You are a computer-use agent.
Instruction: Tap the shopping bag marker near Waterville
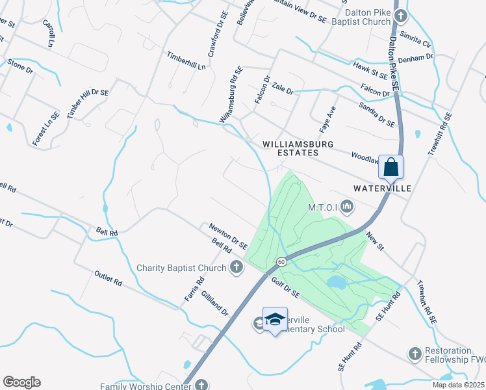(x=391, y=166)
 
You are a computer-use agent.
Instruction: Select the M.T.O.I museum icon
(x=347, y=207)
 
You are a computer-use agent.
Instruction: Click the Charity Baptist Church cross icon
(x=237, y=267)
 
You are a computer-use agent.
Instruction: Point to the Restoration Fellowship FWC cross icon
(x=415, y=354)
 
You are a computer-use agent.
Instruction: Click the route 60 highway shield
(x=281, y=261)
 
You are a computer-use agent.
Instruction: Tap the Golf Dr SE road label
(x=286, y=287)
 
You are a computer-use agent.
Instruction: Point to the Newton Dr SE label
(x=228, y=236)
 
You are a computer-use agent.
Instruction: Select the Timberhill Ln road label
(x=186, y=61)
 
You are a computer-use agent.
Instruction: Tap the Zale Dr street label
(x=283, y=87)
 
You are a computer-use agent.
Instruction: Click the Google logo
(x=22, y=382)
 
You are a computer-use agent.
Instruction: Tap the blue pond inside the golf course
(x=337, y=282)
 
